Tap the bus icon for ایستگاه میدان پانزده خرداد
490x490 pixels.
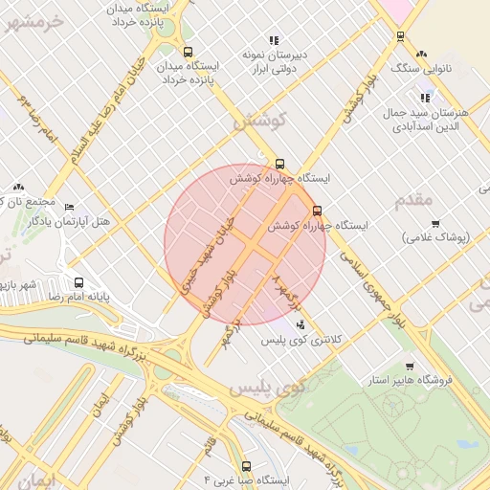[188, 53]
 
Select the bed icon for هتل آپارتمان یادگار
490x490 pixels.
[68, 207]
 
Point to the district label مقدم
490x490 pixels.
[414, 199]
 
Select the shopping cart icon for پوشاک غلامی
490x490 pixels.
[435, 224]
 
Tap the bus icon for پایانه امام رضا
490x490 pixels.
[78, 283]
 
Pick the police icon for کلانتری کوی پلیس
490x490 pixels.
[302, 324]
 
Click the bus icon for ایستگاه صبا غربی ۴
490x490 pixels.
[247, 466]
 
